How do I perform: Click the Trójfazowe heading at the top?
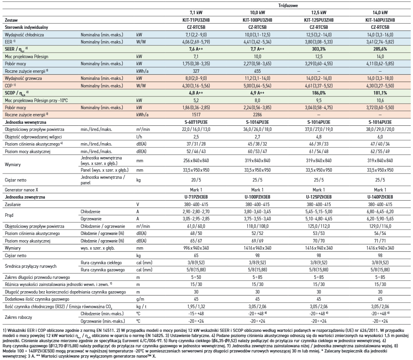pyautogui.click(x=288, y=5)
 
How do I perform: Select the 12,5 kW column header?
pyautogui.click(x=319, y=12)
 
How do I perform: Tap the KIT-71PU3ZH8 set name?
pyautogui.click(x=196, y=20)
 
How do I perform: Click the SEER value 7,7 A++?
pyautogui.click(x=257, y=49)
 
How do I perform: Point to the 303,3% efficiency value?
pyautogui.click(x=319, y=49)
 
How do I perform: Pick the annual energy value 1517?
pyautogui.click(x=196, y=115)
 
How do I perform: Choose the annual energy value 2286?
pyautogui.click(x=257, y=115)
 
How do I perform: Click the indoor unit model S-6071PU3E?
pyautogui.click(x=196, y=122)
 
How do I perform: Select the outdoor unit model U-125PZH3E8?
pyautogui.click(x=319, y=197)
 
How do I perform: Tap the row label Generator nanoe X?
pyautogui.click(x=21, y=190)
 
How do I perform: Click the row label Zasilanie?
pyautogui.click(x=13, y=205)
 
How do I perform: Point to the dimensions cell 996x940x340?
pyautogui.click(x=196, y=248)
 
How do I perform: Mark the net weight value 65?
pyautogui.click(x=196, y=256)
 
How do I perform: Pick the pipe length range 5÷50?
pyautogui.click(x=196, y=277)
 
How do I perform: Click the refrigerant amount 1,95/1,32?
pyautogui.click(x=196, y=306)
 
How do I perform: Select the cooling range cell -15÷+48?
pyautogui.click(x=196, y=314)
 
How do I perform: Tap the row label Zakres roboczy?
pyautogui.click(x=19, y=317)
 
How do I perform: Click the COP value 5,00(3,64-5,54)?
pyautogui.click(x=257, y=86)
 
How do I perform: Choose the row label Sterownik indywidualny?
pyautogui.click(x=27, y=27)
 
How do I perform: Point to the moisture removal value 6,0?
pyautogui.click(x=380, y=137)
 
